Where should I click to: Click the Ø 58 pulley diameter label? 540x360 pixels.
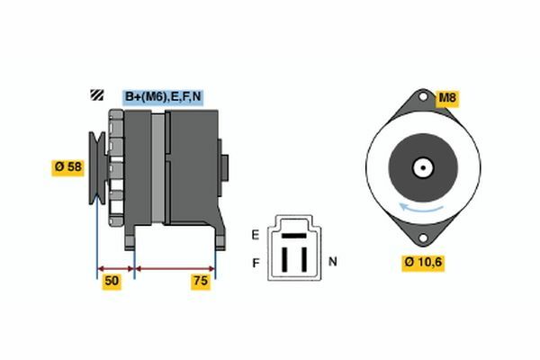click(67, 167)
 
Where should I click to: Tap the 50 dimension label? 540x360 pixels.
click(112, 281)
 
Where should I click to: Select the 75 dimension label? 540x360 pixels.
click(201, 281)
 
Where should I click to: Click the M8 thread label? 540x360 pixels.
click(447, 98)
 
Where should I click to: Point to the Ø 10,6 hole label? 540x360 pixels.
click(423, 263)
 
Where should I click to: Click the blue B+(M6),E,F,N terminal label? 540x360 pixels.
click(163, 97)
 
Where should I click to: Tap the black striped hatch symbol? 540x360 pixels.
click(97, 94)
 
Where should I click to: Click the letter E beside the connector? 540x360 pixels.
click(256, 235)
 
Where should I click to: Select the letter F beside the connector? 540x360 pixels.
click(256, 263)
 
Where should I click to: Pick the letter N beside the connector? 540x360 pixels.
click(333, 262)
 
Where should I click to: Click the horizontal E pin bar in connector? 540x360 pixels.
click(294, 236)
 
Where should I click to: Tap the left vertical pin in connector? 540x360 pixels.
click(284, 259)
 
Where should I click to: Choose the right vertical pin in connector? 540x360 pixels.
click(304, 259)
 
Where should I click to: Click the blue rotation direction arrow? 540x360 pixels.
click(421, 208)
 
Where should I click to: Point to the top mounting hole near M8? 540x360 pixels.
click(423, 97)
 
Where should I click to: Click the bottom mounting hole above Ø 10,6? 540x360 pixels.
click(423, 238)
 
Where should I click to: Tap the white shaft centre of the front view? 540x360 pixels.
click(423, 167)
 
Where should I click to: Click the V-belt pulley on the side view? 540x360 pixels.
click(97, 167)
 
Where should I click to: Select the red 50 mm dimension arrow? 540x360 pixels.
click(116, 269)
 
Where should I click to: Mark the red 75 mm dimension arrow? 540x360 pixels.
click(175, 269)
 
